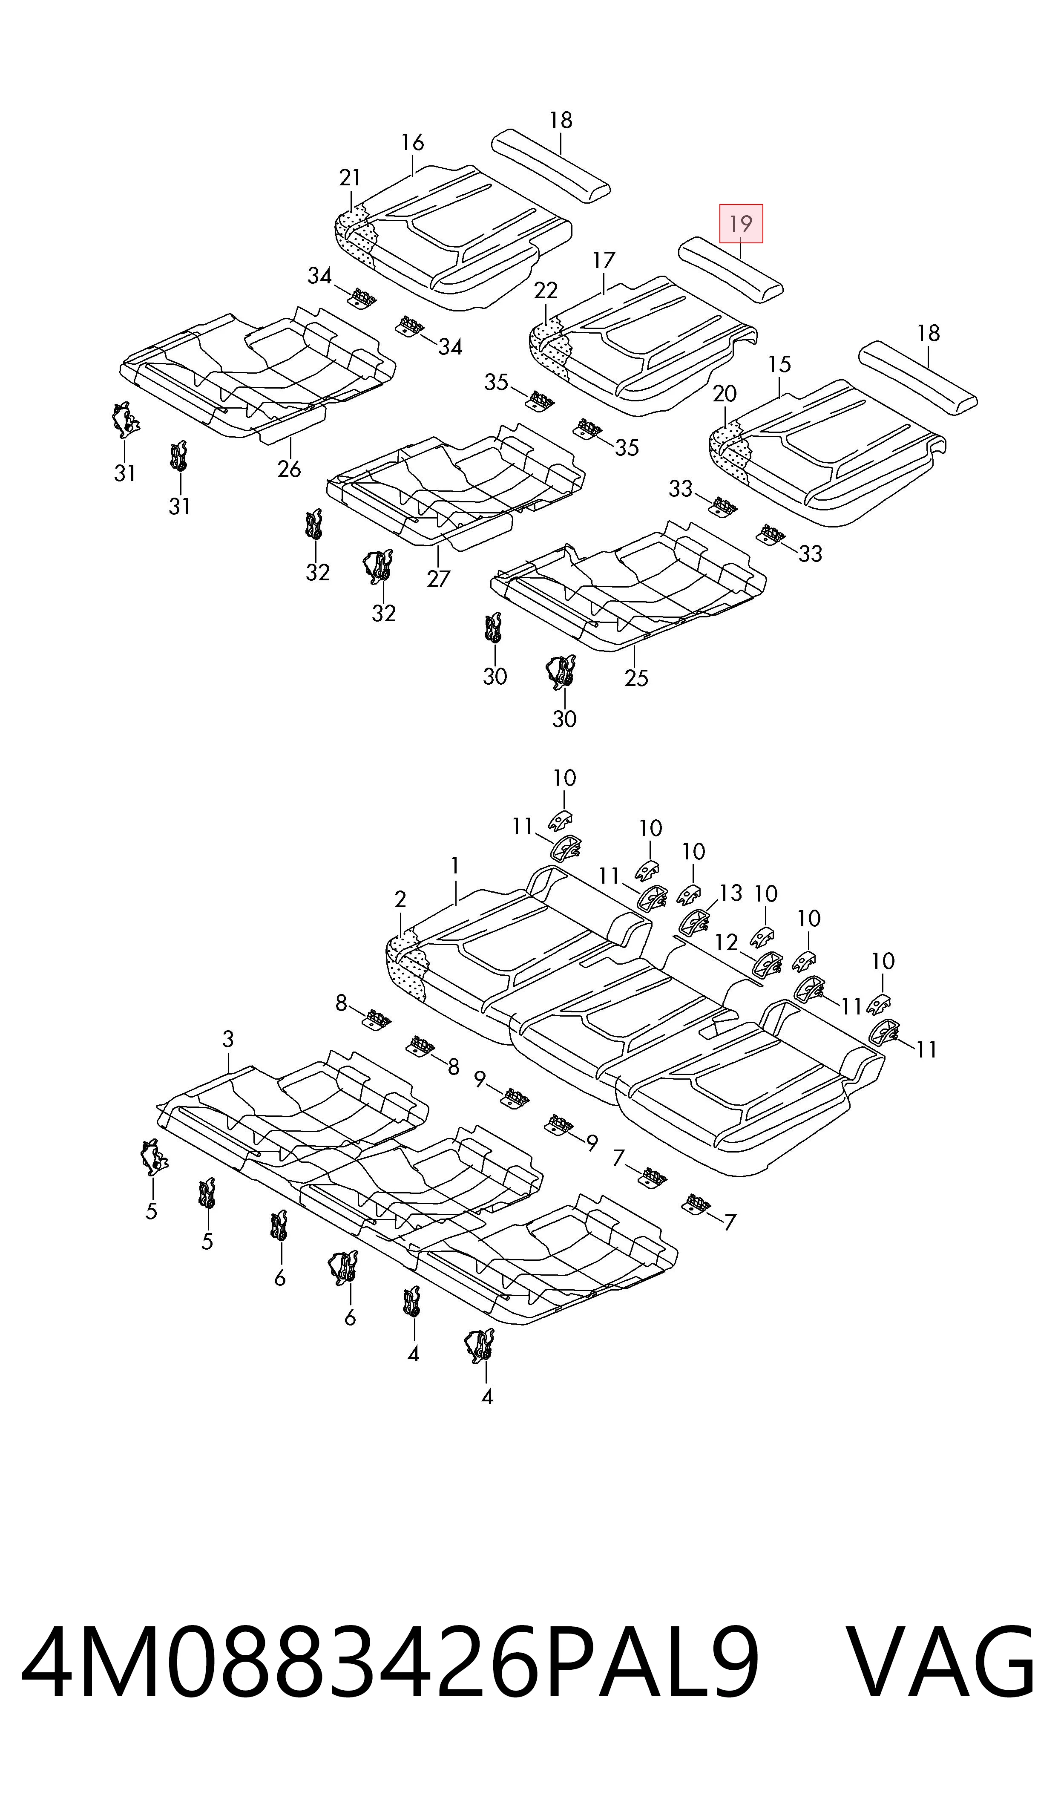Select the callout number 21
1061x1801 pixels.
350,177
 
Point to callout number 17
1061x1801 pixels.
604,260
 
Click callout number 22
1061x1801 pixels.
546,290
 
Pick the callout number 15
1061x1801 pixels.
779,365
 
